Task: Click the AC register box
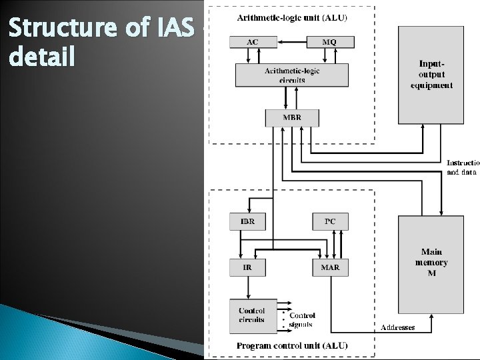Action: tap(253, 41)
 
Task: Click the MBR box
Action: tap(292, 118)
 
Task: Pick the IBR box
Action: tap(247, 221)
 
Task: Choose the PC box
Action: tap(330, 221)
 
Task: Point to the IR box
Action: tap(247, 267)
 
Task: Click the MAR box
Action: tap(330, 267)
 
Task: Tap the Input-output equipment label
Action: tap(431, 75)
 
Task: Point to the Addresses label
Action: tap(398, 327)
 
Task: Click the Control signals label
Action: tap(302, 320)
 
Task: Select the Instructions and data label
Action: tap(462, 167)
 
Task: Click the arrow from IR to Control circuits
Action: tap(247, 287)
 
